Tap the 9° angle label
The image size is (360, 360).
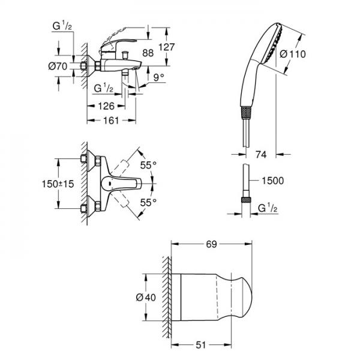click(x=158, y=77)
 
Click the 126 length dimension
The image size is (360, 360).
click(x=106, y=107)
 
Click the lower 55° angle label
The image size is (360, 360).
click(x=148, y=202)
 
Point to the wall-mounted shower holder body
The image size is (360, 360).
click(x=210, y=297)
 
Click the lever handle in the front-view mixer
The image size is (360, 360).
click(x=123, y=184)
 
